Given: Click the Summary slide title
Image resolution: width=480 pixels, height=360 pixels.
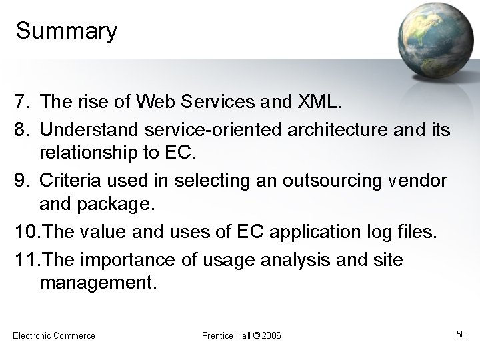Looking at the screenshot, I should click(x=66, y=31).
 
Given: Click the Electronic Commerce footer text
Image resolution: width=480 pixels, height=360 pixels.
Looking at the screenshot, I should click(x=54, y=335).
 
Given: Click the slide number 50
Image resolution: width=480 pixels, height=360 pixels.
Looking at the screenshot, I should click(x=460, y=333).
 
